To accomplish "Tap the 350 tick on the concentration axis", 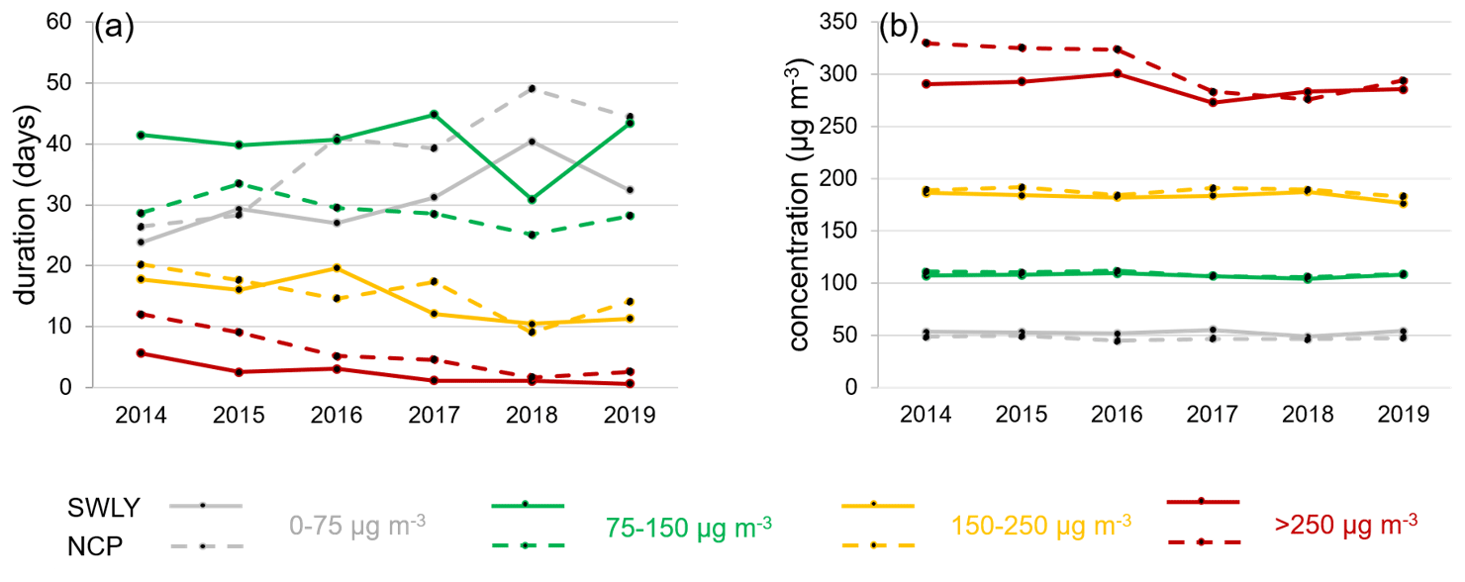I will (840, 22).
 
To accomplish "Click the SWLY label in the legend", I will (104, 508).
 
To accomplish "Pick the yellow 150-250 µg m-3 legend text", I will (1041, 523).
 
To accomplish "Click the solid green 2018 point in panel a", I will (532, 200).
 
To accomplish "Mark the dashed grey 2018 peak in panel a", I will (532, 89).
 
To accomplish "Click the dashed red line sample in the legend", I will (1202, 542).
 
